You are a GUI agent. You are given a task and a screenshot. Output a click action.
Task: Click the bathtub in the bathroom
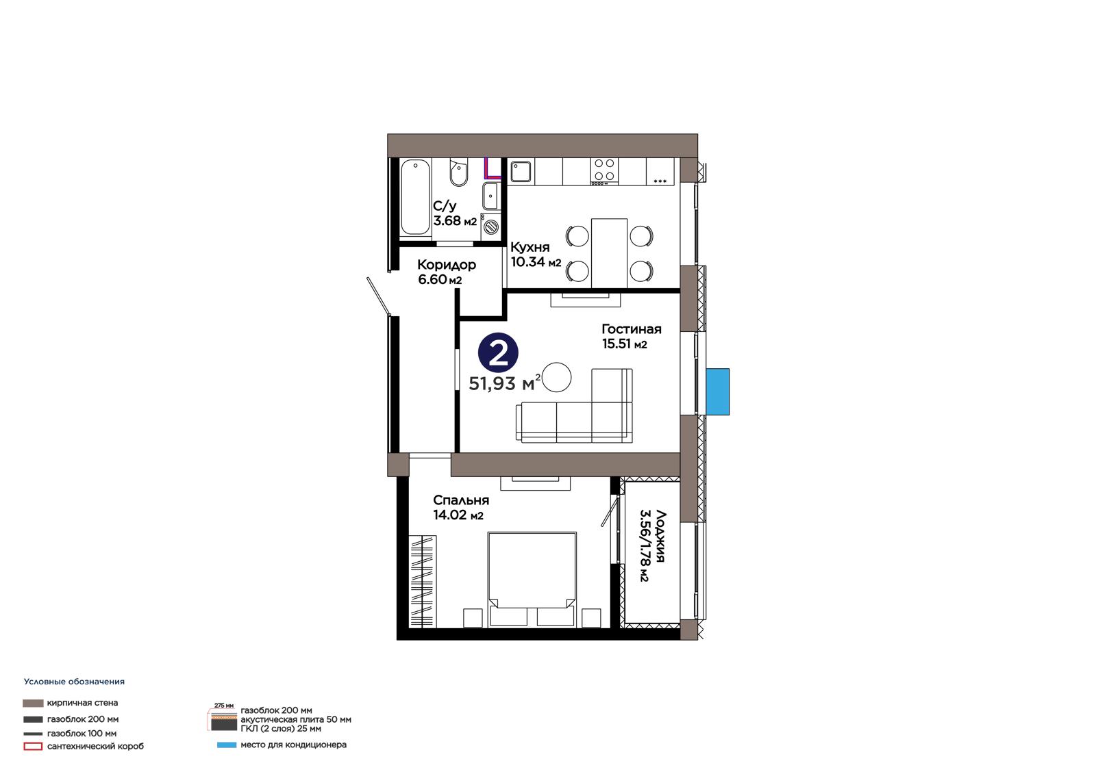click(x=415, y=197)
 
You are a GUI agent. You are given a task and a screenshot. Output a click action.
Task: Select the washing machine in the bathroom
click(x=490, y=227)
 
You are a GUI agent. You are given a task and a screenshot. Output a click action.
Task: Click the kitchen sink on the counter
click(x=521, y=172)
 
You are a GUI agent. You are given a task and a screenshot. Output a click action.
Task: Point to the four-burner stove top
click(x=605, y=171)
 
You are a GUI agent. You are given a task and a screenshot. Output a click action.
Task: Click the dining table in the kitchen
click(x=609, y=253)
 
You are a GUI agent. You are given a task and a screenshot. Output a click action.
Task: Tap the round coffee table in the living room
click(x=556, y=377)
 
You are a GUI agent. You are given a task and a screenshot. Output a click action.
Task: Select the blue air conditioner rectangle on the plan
click(x=717, y=391)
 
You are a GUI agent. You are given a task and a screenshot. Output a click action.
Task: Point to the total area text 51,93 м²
click(x=504, y=383)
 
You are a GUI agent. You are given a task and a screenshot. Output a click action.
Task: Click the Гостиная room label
click(x=631, y=329)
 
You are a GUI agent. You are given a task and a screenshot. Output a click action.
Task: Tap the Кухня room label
click(x=530, y=247)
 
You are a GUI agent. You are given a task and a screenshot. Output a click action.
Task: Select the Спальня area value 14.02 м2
click(x=458, y=515)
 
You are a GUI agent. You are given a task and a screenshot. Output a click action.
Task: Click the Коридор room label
click(x=446, y=265)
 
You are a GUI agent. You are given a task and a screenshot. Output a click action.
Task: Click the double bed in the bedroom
click(x=532, y=580)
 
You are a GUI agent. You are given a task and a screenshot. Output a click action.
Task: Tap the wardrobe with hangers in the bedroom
click(x=422, y=582)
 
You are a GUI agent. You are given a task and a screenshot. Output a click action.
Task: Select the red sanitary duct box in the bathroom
click(x=493, y=168)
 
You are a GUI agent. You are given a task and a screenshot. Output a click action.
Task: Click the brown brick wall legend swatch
click(x=33, y=703)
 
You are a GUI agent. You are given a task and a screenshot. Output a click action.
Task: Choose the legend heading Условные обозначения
click(x=75, y=682)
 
